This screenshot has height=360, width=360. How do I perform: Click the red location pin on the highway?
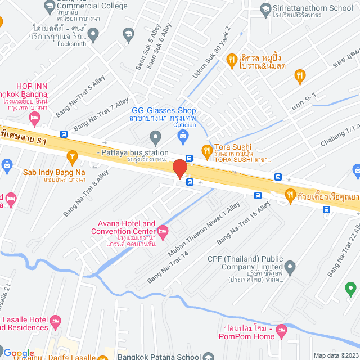pos(179,169)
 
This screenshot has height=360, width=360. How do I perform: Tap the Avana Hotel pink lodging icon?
pos(163,231)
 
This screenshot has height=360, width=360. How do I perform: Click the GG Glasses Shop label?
pos(163,111)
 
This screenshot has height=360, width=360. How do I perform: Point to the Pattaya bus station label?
pos(133,152)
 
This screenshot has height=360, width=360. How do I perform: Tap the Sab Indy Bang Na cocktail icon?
pos(72,155)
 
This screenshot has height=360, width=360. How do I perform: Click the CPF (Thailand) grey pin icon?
pos(290,266)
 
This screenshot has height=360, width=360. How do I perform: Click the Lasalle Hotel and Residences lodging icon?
pos(55,321)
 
